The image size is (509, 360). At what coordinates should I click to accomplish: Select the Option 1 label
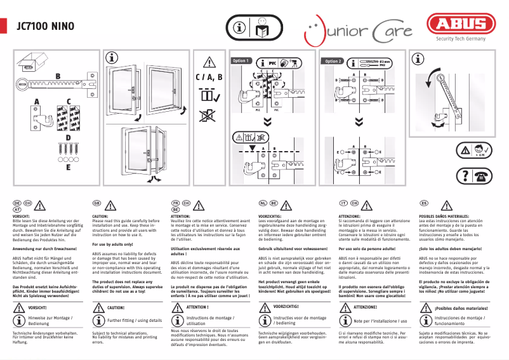[242, 61]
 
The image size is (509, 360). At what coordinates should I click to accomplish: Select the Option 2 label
[333, 61]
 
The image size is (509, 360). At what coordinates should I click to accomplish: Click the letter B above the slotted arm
[58, 76]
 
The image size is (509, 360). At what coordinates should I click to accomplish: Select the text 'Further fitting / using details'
[135, 321]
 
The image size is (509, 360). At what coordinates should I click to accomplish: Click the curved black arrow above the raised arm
[433, 79]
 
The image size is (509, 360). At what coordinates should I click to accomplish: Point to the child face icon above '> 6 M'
[480, 148]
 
